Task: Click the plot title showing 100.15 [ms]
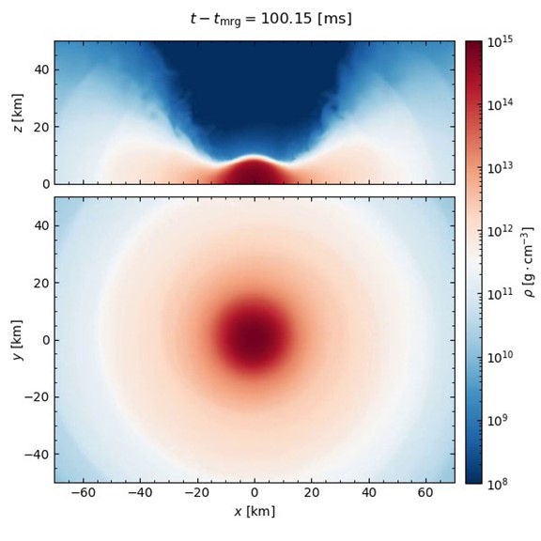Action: (x=270, y=19)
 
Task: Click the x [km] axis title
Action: (x=255, y=512)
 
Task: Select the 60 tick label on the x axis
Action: (x=426, y=492)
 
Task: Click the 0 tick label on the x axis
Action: (x=255, y=492)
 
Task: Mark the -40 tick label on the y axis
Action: (x=36, y=454)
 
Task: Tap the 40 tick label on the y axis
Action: (x=39, y=225)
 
